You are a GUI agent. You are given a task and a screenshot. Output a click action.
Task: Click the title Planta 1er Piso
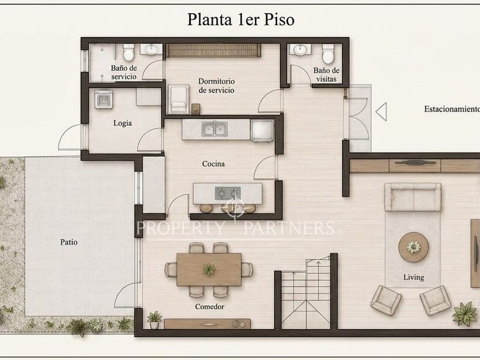point(241,19)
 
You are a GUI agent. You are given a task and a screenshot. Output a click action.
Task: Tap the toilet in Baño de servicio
point(129,53)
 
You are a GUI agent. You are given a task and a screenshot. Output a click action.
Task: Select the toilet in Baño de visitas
point(328,54)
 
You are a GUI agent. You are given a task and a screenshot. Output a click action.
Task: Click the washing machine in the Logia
point(103,99)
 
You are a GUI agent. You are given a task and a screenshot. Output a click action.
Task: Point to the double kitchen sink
point(215,129)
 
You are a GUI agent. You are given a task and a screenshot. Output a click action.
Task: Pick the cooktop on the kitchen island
point(227,193)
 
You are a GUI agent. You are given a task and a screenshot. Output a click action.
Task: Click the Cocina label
point(213,164)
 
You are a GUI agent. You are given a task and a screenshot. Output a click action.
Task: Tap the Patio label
point(69,242)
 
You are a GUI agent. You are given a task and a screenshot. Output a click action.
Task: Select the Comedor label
point(210,306)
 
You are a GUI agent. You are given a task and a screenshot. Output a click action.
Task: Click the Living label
point(414,277)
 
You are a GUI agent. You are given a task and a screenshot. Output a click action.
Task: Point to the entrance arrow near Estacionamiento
point(381,112)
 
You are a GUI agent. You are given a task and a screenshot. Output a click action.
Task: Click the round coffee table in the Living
point(414,247)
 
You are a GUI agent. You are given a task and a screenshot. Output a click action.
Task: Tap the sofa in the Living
point(413,197)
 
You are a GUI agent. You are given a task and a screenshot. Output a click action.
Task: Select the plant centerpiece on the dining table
point(209,269)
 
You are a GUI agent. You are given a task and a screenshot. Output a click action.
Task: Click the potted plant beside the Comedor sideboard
point(154,320)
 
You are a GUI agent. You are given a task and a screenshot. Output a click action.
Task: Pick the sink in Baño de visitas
point(301,49)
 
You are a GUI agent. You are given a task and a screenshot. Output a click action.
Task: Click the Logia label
point(122,123)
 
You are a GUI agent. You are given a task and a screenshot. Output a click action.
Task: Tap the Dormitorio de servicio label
point(217,86)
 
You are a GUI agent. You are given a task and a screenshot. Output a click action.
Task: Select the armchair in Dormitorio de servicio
point(178,99)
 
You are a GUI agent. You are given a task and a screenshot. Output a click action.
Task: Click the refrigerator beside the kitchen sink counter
point(262,130)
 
